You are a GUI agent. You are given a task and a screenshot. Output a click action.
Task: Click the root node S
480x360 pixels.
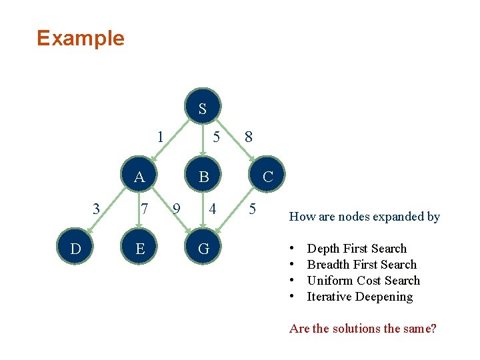point(202,108)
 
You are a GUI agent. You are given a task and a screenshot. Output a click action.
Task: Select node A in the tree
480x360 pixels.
point(139,177)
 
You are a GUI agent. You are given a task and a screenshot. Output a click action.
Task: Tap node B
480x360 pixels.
point(204,177)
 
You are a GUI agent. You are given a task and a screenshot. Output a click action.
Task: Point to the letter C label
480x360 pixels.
point(268,177)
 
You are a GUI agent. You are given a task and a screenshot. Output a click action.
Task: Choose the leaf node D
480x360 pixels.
point(75,249)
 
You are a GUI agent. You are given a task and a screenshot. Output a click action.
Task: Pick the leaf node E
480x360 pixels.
point(139,249)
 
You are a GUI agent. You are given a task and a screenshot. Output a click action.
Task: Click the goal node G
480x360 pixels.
point(204,249)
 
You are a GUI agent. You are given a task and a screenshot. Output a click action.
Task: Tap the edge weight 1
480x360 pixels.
point(160,137)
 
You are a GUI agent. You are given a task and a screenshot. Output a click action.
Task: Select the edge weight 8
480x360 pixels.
point(249,137)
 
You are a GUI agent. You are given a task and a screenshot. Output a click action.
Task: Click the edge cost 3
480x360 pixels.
point(97,209)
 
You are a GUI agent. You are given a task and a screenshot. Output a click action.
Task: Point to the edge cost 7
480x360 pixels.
point(144,209)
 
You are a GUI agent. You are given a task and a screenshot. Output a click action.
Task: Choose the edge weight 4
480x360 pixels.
point(212,209)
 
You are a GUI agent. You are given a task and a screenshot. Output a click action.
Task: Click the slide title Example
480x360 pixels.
point(81,38)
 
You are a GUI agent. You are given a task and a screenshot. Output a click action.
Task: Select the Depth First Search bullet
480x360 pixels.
point(356,249)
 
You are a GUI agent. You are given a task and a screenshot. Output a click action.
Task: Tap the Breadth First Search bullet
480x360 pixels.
point(361,265)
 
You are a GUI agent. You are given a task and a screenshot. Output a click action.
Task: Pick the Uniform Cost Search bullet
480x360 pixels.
point(363,281)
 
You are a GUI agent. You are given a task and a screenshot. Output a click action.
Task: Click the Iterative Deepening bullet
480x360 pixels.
point(359,297)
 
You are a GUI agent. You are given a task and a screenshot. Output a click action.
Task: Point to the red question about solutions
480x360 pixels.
point(363,329)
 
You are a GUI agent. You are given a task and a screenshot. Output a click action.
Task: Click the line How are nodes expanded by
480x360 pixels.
point(364,216)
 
